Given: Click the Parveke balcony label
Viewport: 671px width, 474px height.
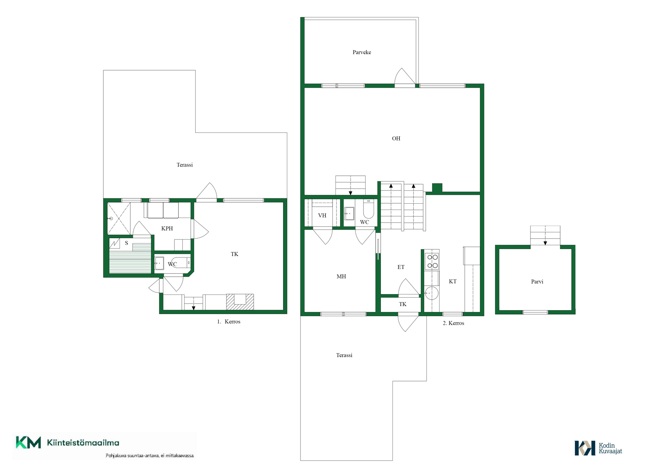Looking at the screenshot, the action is pos(362,52).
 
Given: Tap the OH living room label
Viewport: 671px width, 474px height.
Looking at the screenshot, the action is pos(396,139).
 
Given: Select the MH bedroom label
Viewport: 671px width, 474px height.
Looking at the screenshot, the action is pos(341,277).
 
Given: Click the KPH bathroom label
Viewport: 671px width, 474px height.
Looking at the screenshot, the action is pos(167,228).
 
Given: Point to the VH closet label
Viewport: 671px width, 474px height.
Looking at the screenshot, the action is pos(322,216).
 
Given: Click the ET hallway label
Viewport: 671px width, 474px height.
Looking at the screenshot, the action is pos(401,267).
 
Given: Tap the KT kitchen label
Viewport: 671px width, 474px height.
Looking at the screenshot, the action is pos(453,282).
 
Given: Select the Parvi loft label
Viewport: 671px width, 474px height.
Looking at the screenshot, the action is pos(537,282).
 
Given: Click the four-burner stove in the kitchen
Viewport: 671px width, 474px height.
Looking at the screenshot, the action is pos(432,261).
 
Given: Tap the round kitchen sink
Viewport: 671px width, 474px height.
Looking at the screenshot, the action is pos(432,293).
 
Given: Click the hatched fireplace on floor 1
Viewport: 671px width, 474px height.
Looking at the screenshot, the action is pos(240,302).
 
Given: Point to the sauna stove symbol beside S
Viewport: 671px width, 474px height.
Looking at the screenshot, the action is pos(115,243).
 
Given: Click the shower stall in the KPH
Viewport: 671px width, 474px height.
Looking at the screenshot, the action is pos(119,219).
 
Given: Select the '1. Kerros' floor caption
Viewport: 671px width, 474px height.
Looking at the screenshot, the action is pos(229,322).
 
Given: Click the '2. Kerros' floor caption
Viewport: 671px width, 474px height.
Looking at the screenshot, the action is pos(453,323).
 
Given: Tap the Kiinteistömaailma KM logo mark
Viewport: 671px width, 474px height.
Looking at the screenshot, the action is pos(28,443).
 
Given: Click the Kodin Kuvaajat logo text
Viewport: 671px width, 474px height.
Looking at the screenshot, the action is pos(610,448).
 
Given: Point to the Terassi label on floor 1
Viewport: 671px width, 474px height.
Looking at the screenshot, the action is pos(185,165).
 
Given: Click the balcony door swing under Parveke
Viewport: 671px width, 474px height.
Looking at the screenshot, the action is pos(405,76).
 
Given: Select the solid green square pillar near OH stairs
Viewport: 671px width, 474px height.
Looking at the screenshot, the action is pos(437,188).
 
